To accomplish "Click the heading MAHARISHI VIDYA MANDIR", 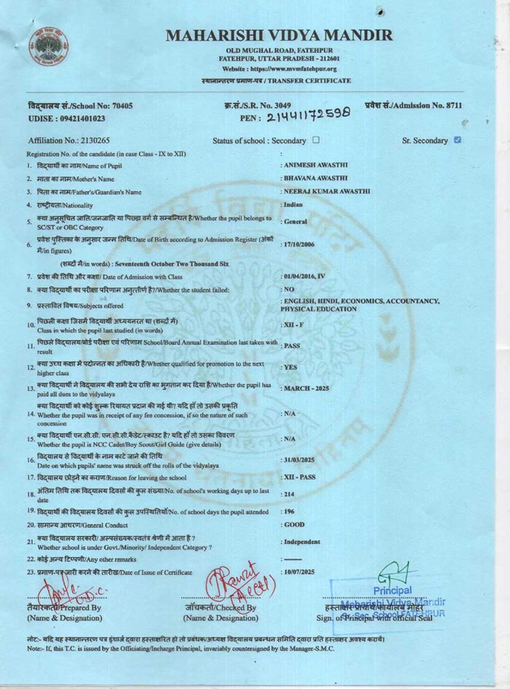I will [279, 35].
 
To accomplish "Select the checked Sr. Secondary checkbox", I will [457, 140].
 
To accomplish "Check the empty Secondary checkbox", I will [316, 140].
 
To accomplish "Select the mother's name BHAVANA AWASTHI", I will [315, 179].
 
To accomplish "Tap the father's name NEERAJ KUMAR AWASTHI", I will [326, 191].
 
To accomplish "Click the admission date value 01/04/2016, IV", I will [304, 277].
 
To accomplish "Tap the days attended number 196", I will [289, 511].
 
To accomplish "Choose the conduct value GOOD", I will [294, 525].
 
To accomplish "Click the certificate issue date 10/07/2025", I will [299, 572].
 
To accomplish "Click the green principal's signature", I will [393, 574].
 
